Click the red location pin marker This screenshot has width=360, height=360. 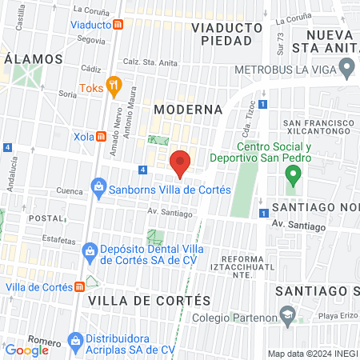click(x=181, y=162)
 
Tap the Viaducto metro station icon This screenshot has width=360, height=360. click(x=118, y=24)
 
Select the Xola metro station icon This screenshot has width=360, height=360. click(x=102, y=136)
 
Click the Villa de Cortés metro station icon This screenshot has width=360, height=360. click(x=80, y=287)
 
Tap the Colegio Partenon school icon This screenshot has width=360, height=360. click(x=286, y=315)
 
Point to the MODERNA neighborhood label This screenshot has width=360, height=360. click(x=187, y=109)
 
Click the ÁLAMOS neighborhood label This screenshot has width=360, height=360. click(x=33, y=59)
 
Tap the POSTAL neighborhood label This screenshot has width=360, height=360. click(x=44, y=218)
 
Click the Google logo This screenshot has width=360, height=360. click(x=27, y=350)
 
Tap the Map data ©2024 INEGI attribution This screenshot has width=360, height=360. click(x=311, y=354)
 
